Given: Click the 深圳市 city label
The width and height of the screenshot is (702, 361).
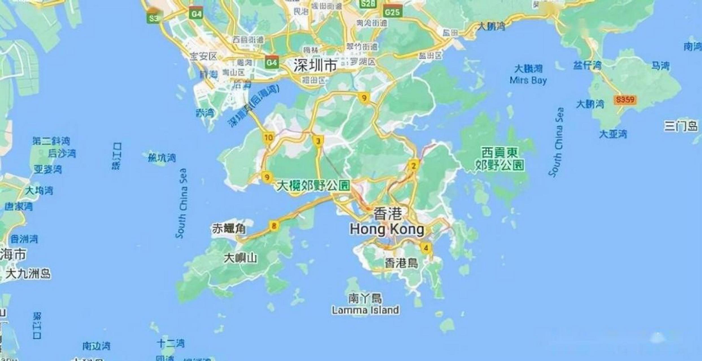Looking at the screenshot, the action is click(315, 65).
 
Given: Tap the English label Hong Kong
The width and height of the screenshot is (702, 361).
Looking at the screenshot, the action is click(387, 230).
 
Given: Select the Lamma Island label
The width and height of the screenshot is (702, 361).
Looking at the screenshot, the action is click(365, 310).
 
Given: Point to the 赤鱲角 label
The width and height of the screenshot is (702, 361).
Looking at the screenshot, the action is click(229, 229).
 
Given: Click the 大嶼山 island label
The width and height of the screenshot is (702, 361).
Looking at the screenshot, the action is click(240, 258).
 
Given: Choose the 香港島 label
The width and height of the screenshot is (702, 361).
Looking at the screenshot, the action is click(401, 263).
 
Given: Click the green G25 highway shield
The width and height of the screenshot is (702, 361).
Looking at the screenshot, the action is click(393, 12).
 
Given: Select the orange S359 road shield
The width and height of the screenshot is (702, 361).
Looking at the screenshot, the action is click(625, 100).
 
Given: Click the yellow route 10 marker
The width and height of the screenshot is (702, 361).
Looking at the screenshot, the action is click(268, 138).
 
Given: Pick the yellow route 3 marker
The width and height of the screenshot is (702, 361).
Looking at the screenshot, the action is click(318, 141).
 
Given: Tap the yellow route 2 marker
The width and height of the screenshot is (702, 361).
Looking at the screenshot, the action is click(414, 166).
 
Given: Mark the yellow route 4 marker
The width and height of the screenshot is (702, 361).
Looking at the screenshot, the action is click(426, 248).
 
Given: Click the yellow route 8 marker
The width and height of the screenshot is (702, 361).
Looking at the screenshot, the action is click(273, 226).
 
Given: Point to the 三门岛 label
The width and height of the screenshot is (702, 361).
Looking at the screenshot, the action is click(681, 126).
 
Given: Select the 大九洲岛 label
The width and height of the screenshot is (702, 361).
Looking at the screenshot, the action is click(28, 274).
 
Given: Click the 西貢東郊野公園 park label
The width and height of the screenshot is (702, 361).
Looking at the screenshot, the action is click(499, 159).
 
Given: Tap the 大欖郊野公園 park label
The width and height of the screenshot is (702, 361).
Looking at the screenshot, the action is click(313, 186).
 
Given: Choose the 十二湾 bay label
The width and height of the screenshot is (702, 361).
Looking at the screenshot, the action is click(171, 343).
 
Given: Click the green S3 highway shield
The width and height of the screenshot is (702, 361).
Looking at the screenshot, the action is click(154, 18).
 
